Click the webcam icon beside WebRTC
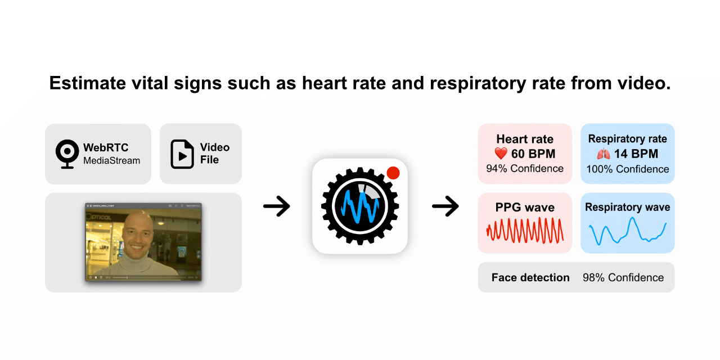67,154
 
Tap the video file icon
182,154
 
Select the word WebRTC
106,148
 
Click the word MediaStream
111,161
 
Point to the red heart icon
501,154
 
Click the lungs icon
604,154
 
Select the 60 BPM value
533,154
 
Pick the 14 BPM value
636,154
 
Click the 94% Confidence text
525,168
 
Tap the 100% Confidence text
627,169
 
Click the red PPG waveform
525,231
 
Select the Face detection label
530,277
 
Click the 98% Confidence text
623,277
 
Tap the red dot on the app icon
393,173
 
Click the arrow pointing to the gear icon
276,207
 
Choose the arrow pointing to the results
445,207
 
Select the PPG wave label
525,208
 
